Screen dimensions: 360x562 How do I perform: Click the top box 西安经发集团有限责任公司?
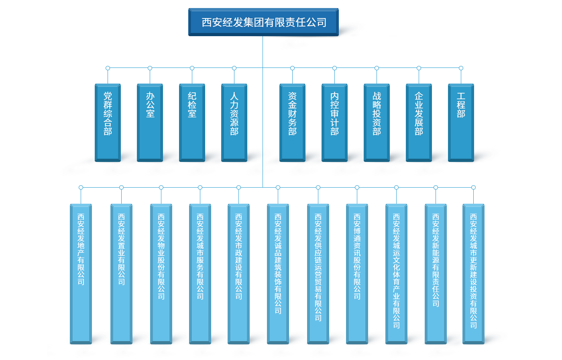click(263, 22)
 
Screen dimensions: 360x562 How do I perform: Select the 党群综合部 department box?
click(108, 122)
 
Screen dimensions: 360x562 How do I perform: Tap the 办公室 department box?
click(150, 122)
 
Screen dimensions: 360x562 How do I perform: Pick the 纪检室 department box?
click(192, 122)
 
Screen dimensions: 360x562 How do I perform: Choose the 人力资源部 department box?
click(234, 122)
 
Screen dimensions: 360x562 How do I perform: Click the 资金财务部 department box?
click(292, 122)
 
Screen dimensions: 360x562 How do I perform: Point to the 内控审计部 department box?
click(334, 122)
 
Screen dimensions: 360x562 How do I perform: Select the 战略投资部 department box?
click(377, 122)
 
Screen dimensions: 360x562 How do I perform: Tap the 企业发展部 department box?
click(419, 122)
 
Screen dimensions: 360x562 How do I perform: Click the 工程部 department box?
click(461, 122)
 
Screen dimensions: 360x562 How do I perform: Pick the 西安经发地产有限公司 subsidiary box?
click(81, 273)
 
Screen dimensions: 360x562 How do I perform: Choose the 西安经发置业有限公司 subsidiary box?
click(121, 273)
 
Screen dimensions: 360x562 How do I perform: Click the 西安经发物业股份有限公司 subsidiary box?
click(161, 273)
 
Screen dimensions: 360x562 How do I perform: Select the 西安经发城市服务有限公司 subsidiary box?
click(200, 273)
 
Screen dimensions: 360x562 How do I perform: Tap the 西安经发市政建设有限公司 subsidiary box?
click(238, 273)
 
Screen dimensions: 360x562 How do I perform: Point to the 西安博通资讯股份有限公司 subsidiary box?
click(357, 273)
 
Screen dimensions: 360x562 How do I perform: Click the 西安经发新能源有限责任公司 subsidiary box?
click(436, 273)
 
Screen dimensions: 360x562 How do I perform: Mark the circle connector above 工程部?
click(461, 68)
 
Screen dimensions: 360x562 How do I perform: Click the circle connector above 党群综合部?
click(108, 68)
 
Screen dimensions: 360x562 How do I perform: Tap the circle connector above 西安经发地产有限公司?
click(81, 187)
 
